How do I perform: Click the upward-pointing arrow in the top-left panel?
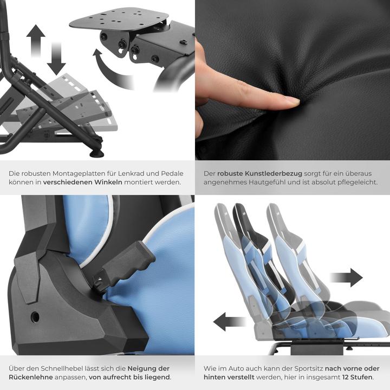tap(36, 38)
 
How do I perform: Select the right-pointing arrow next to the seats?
tap(347, 277)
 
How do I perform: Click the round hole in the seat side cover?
tap(35, 315)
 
